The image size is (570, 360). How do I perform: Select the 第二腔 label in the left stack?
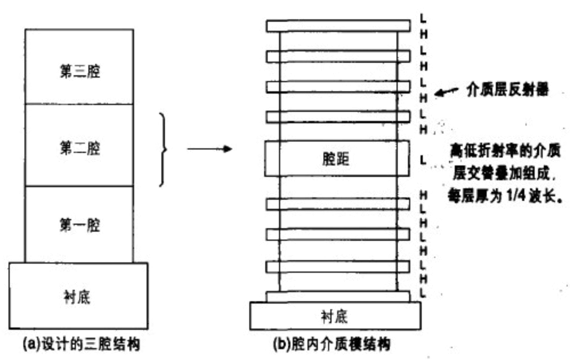click(x=79, y=149)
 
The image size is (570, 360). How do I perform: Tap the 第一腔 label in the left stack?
click(x=79, y=225)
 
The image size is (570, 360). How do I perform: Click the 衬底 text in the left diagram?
click(x=78, y=297)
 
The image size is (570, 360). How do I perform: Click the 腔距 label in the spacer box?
click(x=335, y=159)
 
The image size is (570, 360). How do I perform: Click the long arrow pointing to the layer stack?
click(x=210, y=149)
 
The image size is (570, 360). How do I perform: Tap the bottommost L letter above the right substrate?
click(x=423, y=292)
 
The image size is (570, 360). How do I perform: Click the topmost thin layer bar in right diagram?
click(x=338, y=26)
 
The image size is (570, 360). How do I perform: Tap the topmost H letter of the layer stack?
click(x=423, y=34)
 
